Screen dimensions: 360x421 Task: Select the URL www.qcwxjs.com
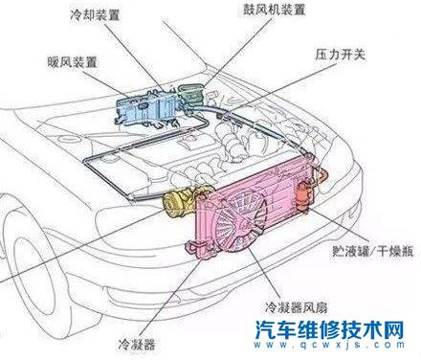tap(327, 349)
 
